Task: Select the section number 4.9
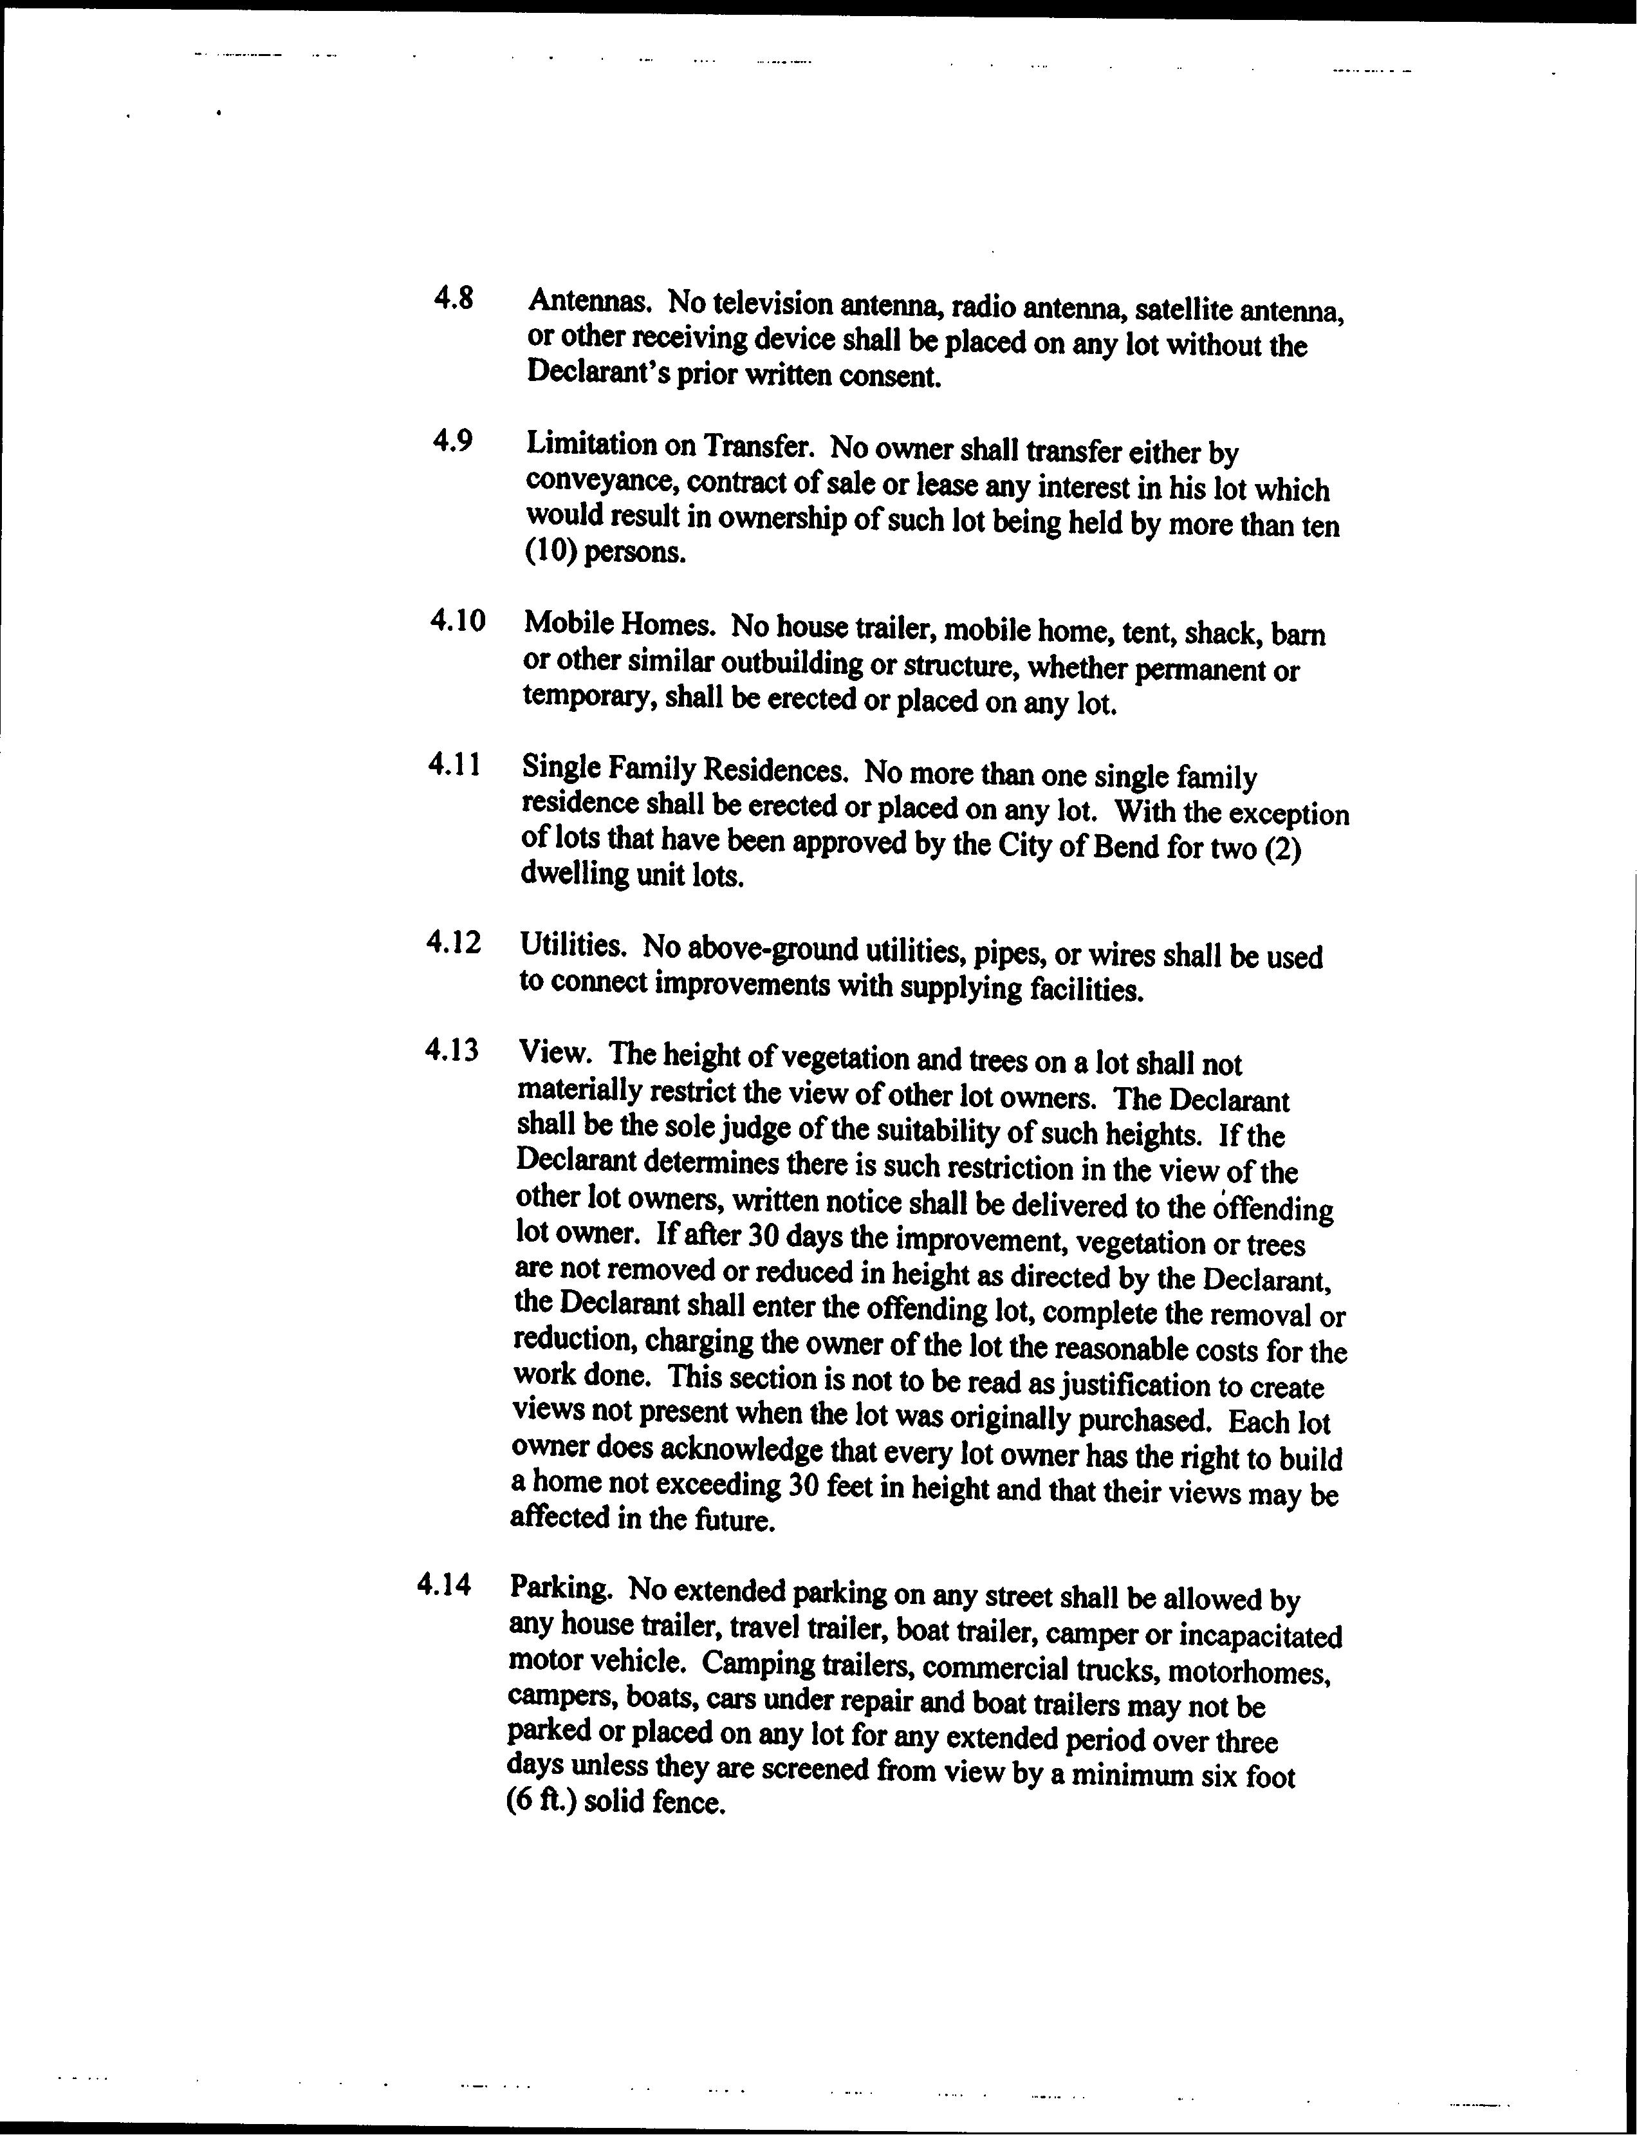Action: [452, 442]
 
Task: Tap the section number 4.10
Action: [457, 620]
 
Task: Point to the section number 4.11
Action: [454, 765]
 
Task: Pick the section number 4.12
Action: [454, 942]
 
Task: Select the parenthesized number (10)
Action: [551, 552]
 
